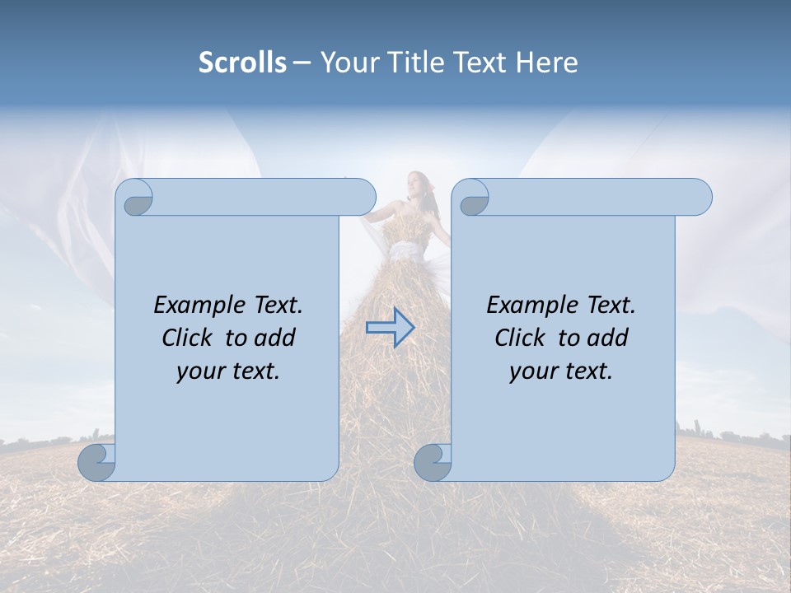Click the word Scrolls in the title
(242, 63)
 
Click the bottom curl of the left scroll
(96, 462)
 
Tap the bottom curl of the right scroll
(432, 462)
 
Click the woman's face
(416, 183)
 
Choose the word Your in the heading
(349, 63)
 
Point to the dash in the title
(302, 63)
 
